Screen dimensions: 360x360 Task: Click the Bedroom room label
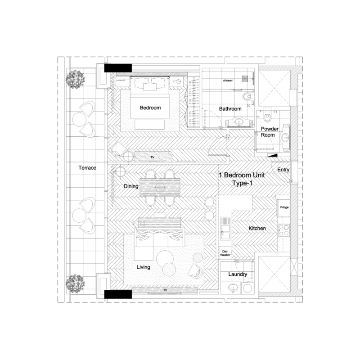click(150, 108)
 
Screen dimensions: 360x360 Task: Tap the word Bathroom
click(230, 109)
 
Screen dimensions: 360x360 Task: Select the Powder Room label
click(270, 132)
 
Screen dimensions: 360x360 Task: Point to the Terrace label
click(87, 168)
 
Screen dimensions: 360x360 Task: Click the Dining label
click(131, 186)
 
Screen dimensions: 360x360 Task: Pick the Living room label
click(143, 267)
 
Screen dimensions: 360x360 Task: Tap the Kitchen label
click(257, 229)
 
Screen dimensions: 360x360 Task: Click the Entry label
click(283, 170)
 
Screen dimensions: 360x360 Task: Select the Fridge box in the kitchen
click(284, 207)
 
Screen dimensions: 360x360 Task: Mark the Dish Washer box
click(225, 253)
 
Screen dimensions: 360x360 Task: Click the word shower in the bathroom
click(228, 81)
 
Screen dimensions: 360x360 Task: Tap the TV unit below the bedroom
click(153, 157)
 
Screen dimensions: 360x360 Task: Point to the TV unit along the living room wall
click(165, 291)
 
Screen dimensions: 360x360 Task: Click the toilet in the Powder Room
click(268, 118)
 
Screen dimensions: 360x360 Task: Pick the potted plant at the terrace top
click(75, 79)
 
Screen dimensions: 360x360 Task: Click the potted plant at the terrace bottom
click(75, 283)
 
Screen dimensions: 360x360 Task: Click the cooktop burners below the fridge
click(284, 230)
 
